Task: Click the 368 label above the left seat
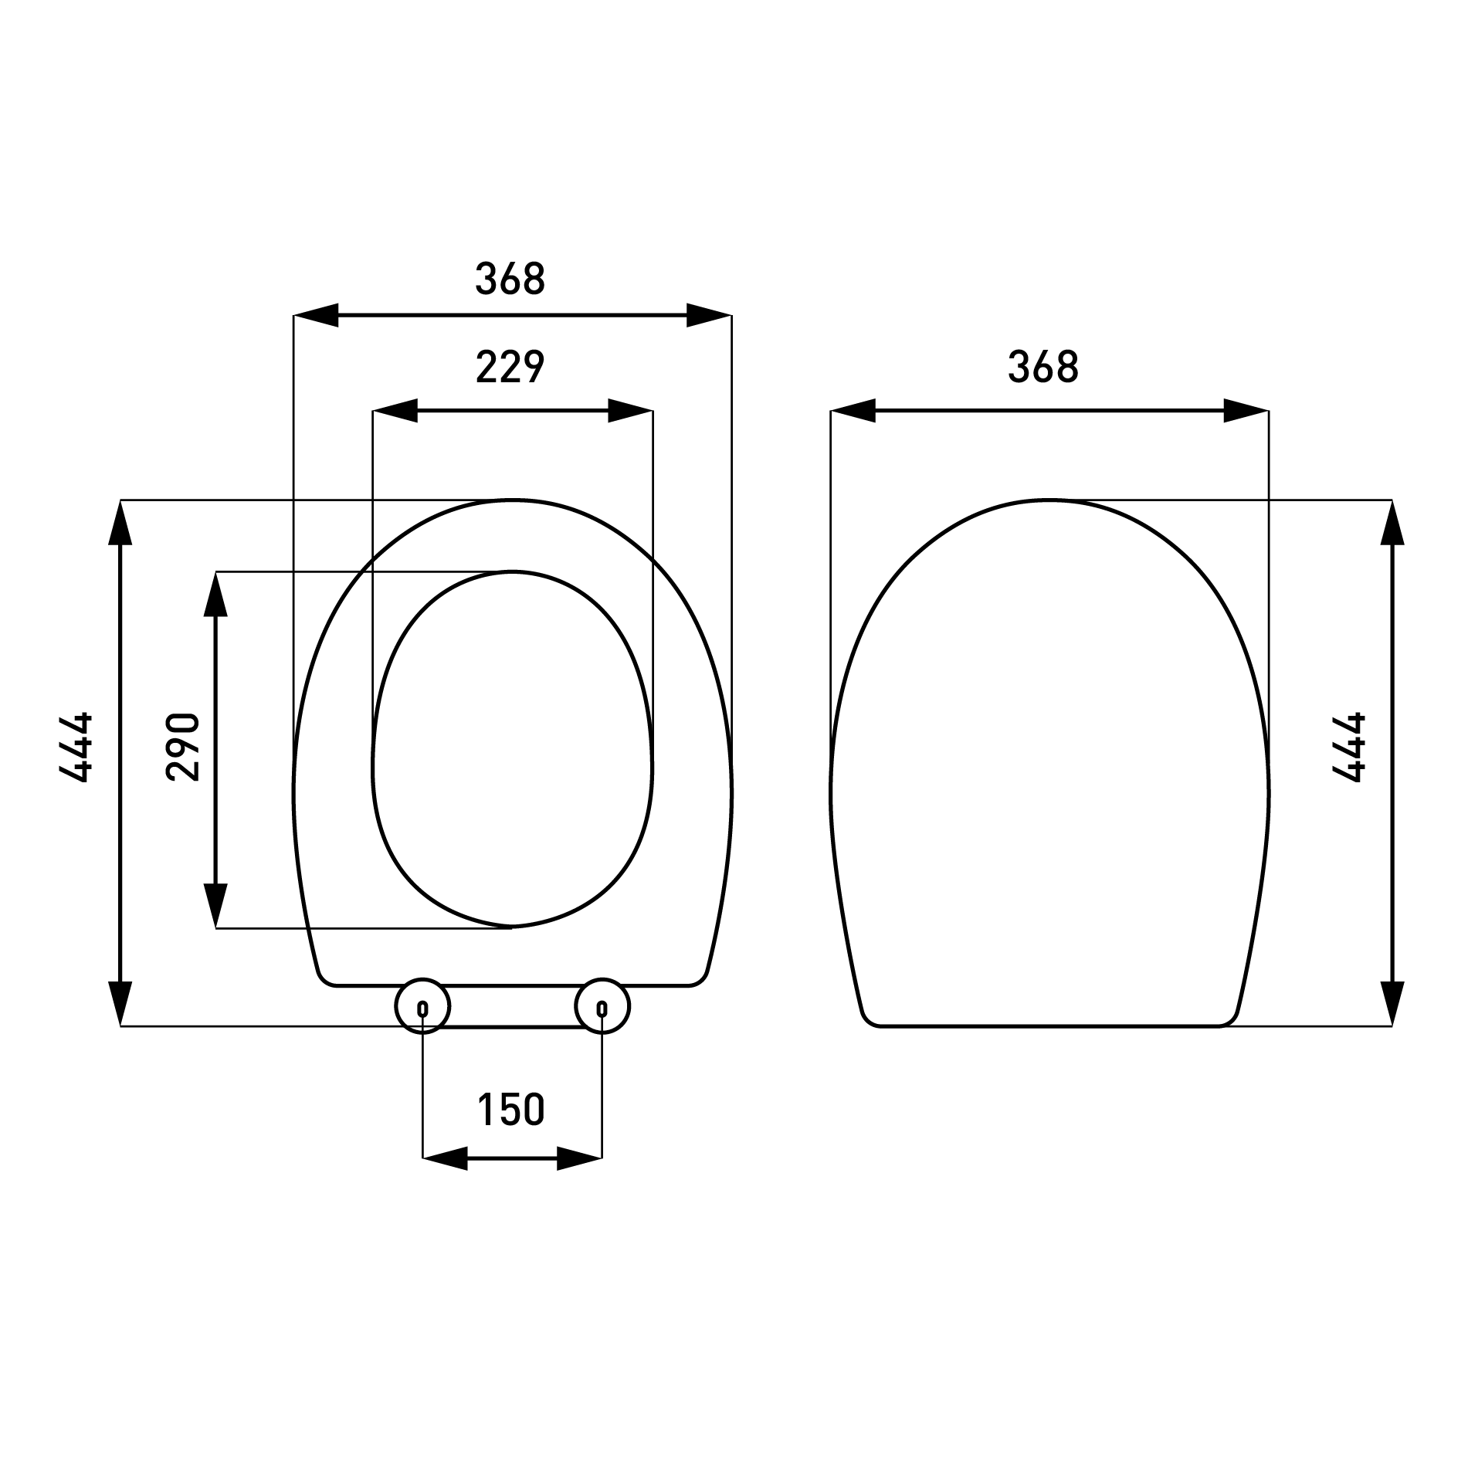(x=510, y=279)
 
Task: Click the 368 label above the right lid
(x=1043, y=367)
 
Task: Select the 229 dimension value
(x=510, y=367)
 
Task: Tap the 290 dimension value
(x=183, y=748)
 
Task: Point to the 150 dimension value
(x=510, y=1110)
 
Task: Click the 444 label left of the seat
(x=76, y=748)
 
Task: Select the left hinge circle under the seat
(x=422, y=1006)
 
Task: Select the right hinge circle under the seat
(x=602, y=1006)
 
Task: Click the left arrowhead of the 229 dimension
(x=395, y=411)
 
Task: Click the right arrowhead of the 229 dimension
(x=630, y=411)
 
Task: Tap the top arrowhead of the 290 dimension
(x=215, y=594)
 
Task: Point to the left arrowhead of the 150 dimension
(x=445, y=1158)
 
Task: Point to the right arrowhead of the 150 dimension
(x=579, y=1158)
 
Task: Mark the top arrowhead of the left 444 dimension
(x=120, y=523)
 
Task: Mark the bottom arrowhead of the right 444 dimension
(x=1392, y=1003)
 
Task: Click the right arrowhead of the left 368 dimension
(x=708, y=315)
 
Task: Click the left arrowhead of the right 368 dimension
(x=853, y=411)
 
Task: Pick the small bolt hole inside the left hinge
(x=422, y=1009)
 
